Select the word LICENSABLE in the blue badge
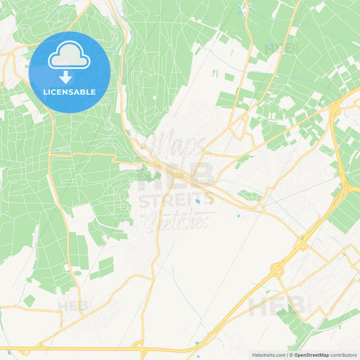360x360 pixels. pyautogui.click(x=70, y=92)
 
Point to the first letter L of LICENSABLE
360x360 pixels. pyautogui.click(x=45, y=92)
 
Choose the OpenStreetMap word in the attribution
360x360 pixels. pyautogui.click(x=311, y=355)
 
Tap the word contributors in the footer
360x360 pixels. pyautogui.click(x=343, y=355)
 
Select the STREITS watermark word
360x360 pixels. pyautogui.click(x=176, y=200)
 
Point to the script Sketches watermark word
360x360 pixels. pyautogui.click(x=179, y=219)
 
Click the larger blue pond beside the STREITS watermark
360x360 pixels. pyautogui.click(x=197, y=201)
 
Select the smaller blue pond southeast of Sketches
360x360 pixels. pyautogui.click(x=238, y=216)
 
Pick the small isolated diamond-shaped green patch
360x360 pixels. pyautogui.click(x=29, y=300)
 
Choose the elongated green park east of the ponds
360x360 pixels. pyautogui.click(x=250, y=196)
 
